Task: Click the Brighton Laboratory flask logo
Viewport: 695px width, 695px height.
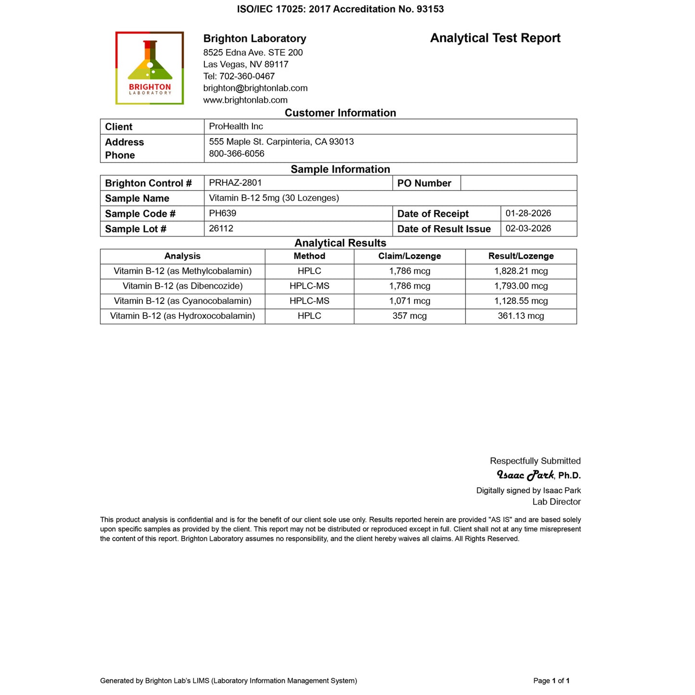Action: click(150, 68)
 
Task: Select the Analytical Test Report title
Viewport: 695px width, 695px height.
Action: click(495, 38)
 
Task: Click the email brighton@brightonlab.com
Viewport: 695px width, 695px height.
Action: click(255, 88)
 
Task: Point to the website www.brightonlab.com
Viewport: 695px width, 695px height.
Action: click(245, 100)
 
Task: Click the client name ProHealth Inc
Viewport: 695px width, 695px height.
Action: click(236, 126)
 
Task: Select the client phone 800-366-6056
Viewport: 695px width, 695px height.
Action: click(237, 154)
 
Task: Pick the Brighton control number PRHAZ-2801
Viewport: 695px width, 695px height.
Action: click(235, 183)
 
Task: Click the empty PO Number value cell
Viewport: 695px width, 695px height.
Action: click(518, 183)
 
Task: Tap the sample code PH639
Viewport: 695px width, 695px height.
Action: click(222, 213)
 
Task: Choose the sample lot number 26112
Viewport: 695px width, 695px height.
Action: click(221, 228)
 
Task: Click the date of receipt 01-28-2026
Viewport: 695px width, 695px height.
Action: click(528, 213)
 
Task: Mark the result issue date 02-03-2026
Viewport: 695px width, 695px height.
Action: click(528, 228)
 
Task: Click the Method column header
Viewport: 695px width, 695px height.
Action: click(309, 256)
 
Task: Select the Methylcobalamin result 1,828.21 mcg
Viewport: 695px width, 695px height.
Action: click(521, 271)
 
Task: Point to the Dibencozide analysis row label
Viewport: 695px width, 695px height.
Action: click(182, 286)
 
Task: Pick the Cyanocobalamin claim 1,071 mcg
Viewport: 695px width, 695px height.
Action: click(409, 301)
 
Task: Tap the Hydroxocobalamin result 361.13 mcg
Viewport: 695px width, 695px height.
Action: click(521, 316)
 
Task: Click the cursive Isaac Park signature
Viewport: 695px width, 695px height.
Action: click(525, 475)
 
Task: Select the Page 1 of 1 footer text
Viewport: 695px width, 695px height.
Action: click(551, 681)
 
